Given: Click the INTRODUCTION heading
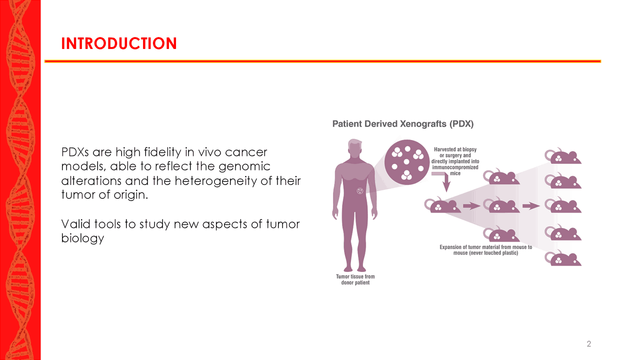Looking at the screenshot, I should tap(119, 43).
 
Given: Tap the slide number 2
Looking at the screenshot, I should tap(588, 344).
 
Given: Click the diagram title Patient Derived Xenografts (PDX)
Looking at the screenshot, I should tap(403, 124).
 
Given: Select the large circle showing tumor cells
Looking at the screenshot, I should tap(407, 162).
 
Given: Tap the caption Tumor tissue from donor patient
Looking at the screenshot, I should tap(355, 279).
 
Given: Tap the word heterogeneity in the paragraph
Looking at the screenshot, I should tap(241, 180).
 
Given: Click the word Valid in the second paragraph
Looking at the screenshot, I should tap(72, 224).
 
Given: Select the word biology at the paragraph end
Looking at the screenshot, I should tap(82, 238).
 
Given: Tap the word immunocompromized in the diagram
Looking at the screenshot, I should tap(455, 167).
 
